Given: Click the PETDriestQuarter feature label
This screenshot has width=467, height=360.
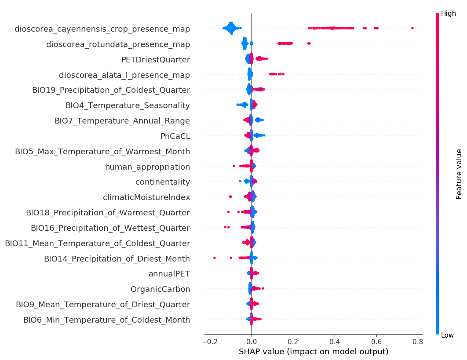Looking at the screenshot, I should tap(156, 60).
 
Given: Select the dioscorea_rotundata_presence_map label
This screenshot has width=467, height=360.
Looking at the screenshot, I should tap(118, 44).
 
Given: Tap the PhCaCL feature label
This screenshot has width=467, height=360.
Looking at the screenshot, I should tap(175, 136).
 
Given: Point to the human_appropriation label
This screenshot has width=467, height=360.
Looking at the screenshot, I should tap(147, 167).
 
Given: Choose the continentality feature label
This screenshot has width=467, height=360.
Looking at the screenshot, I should tap(163, 182).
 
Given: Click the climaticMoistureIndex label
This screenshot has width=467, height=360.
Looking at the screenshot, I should tap(146, 197).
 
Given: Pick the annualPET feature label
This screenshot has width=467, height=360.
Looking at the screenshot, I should tap(169, 274).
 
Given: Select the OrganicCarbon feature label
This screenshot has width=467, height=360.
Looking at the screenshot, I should tap(160, 289).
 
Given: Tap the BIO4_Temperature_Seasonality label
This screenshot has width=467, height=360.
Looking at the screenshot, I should tap(128, 105).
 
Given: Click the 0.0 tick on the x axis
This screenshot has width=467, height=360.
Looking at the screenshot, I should tap(252, 341).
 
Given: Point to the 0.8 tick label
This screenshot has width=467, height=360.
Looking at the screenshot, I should tap(418, 341).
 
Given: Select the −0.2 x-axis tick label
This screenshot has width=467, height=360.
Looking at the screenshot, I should tap(210, 341).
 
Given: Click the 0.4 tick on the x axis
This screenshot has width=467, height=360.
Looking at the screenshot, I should tap(335, 341).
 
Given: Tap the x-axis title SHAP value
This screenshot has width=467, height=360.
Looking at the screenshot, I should tap(313, 352).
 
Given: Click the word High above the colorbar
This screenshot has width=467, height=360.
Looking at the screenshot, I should tap(449, 14).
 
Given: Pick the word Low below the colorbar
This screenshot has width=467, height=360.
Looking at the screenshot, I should tap(448, 335).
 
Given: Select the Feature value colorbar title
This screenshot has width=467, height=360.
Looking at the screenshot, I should tap(459, 174).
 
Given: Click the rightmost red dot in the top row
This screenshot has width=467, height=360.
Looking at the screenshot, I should tap(412, 28).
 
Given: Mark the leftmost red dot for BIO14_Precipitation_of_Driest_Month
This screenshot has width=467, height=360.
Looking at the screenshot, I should tap(214, 258).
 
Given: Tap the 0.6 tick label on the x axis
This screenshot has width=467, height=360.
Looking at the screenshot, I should tap(376, 341).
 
